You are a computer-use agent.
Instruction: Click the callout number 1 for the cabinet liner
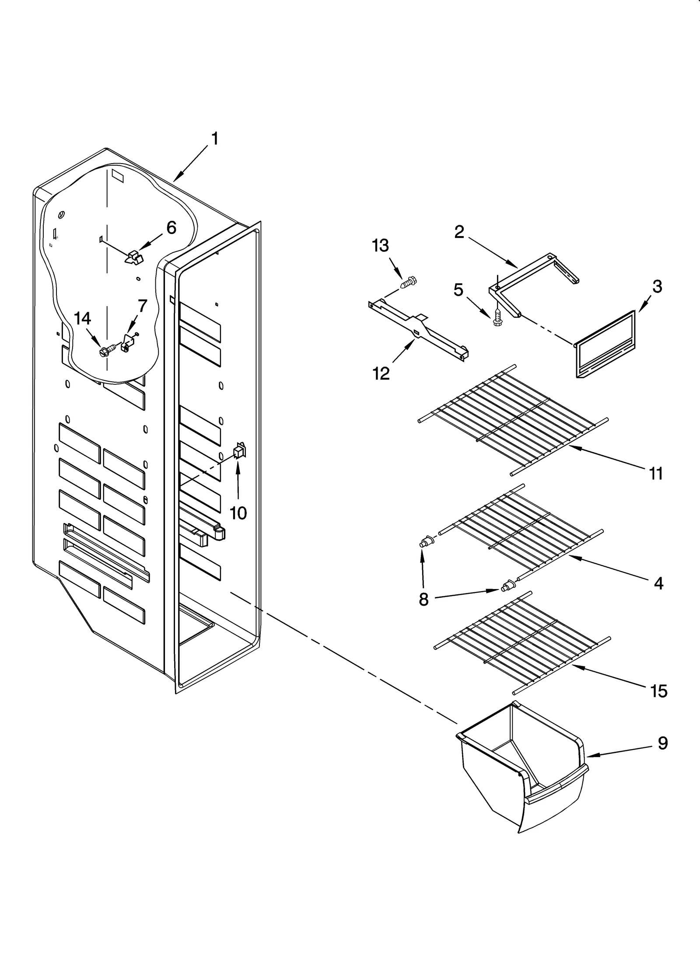click(214, 139)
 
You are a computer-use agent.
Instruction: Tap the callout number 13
click(380, 246)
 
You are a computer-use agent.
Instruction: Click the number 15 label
click(659, 691)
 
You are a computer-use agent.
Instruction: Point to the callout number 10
click(238, 513)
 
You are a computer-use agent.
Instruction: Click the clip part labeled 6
click(134, 258)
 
